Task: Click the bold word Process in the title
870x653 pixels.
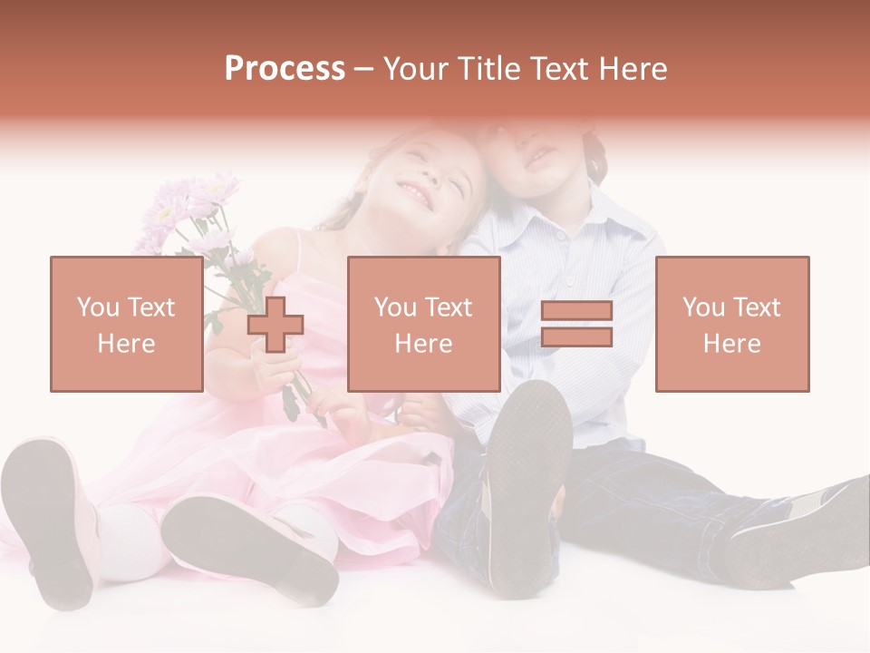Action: coord(285,69)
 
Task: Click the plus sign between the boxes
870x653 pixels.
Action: coord(276,325)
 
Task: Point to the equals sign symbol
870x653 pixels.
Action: coord(576,324)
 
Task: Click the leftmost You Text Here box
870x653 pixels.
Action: coord(126,324)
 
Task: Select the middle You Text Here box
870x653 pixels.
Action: coord(423,324)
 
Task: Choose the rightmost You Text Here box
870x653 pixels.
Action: coord(731,324)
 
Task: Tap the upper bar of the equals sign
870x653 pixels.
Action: coord(576,311)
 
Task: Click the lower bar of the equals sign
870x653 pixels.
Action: coord(576,337)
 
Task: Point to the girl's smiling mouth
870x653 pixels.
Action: coord(417,191)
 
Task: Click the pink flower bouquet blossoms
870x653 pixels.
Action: coord(186,213)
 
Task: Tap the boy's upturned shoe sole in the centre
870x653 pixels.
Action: coord(530,485)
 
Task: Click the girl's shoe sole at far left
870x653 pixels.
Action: coord(50,521)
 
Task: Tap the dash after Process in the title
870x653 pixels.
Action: coord(364,69)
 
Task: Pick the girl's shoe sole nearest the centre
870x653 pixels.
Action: coord(249,544)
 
